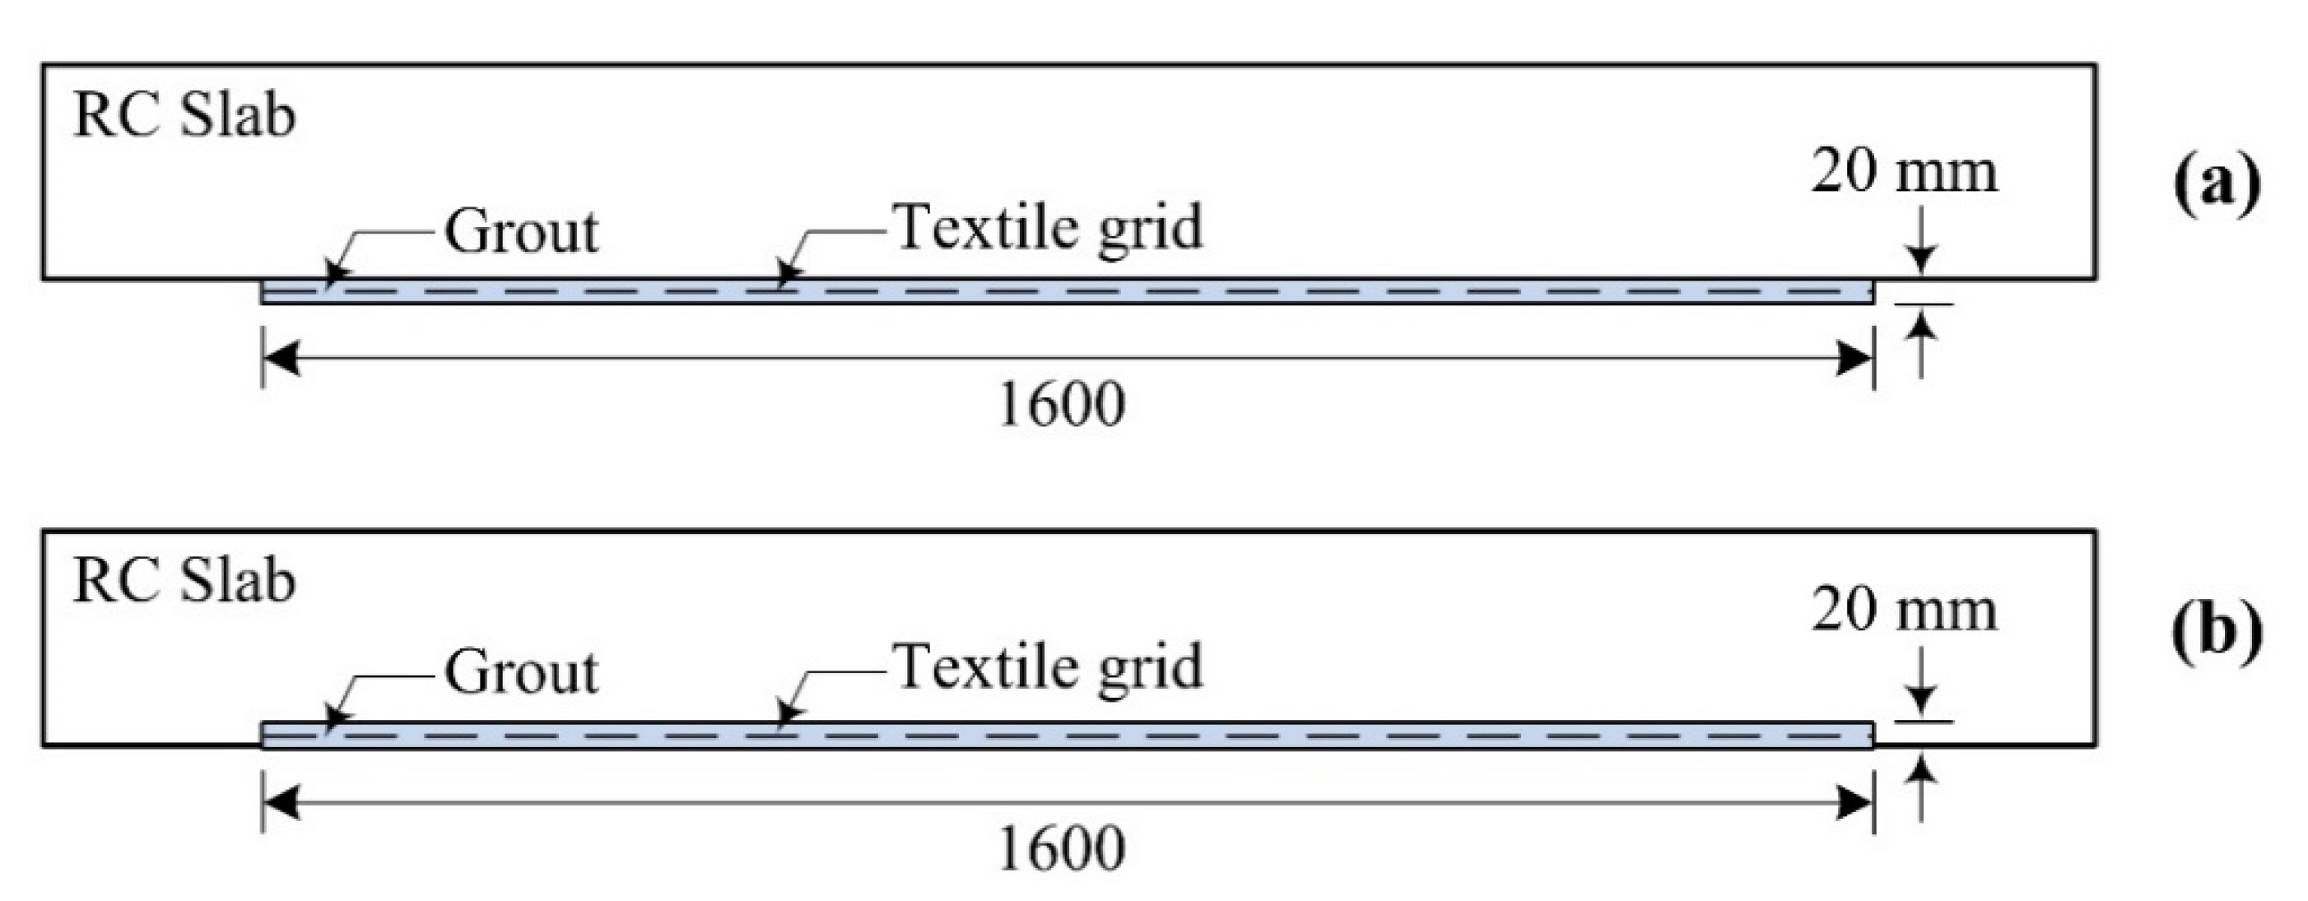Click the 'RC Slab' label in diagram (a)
184,117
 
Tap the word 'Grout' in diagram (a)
522,232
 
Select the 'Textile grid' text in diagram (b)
1049,668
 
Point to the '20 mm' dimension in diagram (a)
1904,172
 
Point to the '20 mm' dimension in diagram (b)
1904,611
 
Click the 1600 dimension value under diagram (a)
1061,406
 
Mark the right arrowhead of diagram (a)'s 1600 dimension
1854,359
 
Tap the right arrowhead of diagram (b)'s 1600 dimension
1854,802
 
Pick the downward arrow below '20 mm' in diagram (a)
1919,256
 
